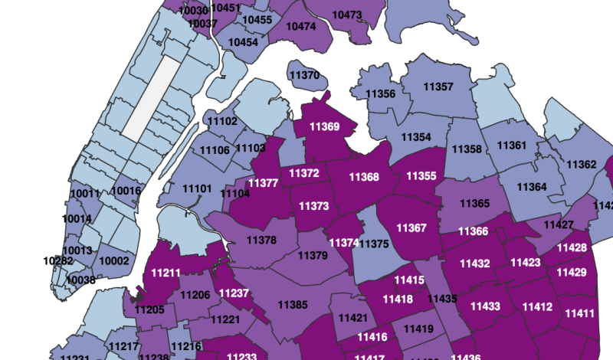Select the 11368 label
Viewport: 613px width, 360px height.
364,177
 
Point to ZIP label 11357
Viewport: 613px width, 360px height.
438,87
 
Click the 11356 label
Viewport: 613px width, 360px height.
381,94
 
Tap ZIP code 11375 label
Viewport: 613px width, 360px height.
374,244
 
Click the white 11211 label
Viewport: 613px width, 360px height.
166,272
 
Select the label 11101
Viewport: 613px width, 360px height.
197,188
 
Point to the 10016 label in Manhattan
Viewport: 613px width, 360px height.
126,191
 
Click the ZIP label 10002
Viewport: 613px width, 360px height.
114,261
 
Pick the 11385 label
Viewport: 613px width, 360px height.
293,305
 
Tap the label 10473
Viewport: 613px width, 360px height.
347,15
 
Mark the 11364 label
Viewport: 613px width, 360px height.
532,187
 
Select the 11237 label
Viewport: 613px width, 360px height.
234,293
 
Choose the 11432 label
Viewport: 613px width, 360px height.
475,263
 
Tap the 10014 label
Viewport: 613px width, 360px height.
77,219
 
